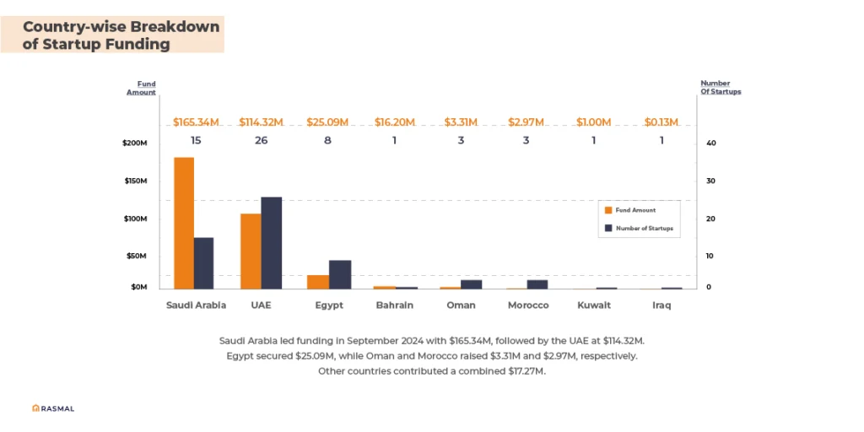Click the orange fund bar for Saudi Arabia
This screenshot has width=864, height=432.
pyautogui.click(x=184, y=223)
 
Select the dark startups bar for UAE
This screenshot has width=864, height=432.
pyautogui.click(x=271, y=242)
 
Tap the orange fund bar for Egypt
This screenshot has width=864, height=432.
pyautogui.click(x=318, y=282)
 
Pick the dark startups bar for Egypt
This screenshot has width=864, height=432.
pyautogui.click(x=339, y=274)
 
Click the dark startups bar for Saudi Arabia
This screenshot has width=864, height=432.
pyautogui.click(x=203, y=262)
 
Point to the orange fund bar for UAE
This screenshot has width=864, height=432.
pyautogui.click(x=251, y=251)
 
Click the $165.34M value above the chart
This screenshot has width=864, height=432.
pyautogui.click(x=196, y=122)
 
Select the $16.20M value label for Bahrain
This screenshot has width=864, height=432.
pyautogui.click(x=395, y=122)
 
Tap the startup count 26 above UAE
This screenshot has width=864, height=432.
pyautogui.click(x=261, y=140)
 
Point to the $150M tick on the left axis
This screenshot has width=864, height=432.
pyautogui.click(x=135, y=181)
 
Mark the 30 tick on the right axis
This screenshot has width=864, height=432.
pyautogui.click(x=710, y=181)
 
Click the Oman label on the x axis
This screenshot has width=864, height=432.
pyautogui.click(x=461, y=305)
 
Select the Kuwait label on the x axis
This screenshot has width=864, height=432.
pyautogui.click(x=593, y=305)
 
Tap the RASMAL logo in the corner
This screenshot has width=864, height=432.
pyautogui.click(x=53, y=408)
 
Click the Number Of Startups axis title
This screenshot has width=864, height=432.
pyautogui.click(x=721, y=87)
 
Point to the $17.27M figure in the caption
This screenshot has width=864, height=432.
pyautogui.click(x=524, y=371)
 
